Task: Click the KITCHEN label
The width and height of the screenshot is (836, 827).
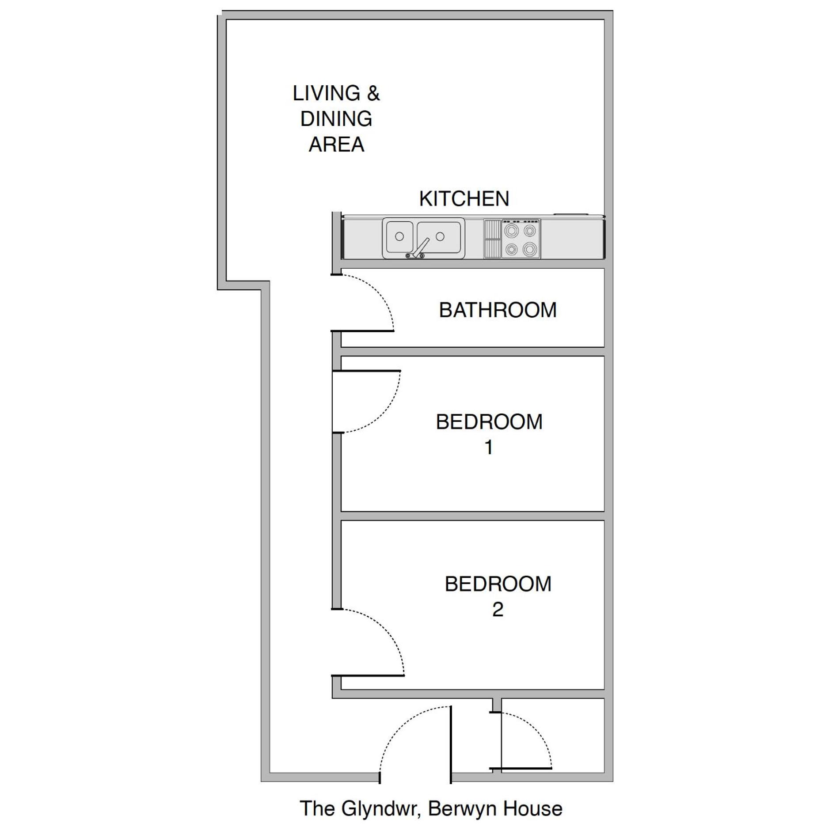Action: coord(464,199)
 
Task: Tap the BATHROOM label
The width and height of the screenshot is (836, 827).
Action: coord(498,310)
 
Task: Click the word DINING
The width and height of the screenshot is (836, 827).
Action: coord(336,119)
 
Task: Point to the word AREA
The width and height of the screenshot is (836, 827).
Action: coord(336,144)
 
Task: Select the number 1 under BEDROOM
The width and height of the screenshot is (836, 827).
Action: coord(489,448)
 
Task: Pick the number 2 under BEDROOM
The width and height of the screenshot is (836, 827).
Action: coord(498,610)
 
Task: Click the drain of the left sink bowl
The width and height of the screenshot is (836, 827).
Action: coord(399,236)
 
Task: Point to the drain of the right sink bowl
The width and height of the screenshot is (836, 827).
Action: coord(440,236)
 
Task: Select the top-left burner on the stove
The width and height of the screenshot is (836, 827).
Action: coord(512,230)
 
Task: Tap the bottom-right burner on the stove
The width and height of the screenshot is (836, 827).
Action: coord(529,250)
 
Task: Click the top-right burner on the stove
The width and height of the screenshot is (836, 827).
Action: coord(529,230)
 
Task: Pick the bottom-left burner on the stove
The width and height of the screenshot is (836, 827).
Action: coord(512,250)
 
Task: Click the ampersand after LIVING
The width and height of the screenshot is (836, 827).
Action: coord(373,94)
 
